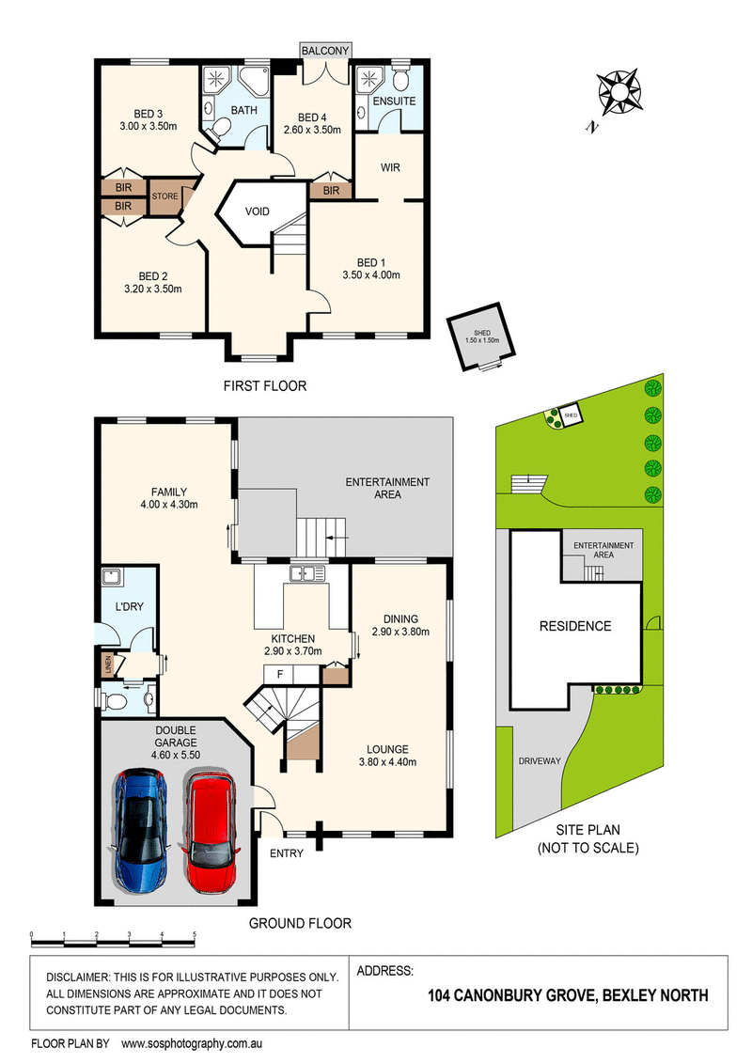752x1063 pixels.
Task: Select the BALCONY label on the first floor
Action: (326, 51)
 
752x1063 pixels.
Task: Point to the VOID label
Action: (258, 211)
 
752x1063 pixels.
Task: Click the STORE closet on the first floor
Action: (165, 196)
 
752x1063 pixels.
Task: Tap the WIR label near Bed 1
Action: (391, 167)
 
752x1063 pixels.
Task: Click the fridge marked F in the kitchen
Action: (279, 674)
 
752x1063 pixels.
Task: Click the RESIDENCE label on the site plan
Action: (574, 626)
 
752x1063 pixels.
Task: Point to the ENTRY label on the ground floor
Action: (286, 853)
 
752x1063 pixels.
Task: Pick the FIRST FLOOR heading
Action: (264, 385)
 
